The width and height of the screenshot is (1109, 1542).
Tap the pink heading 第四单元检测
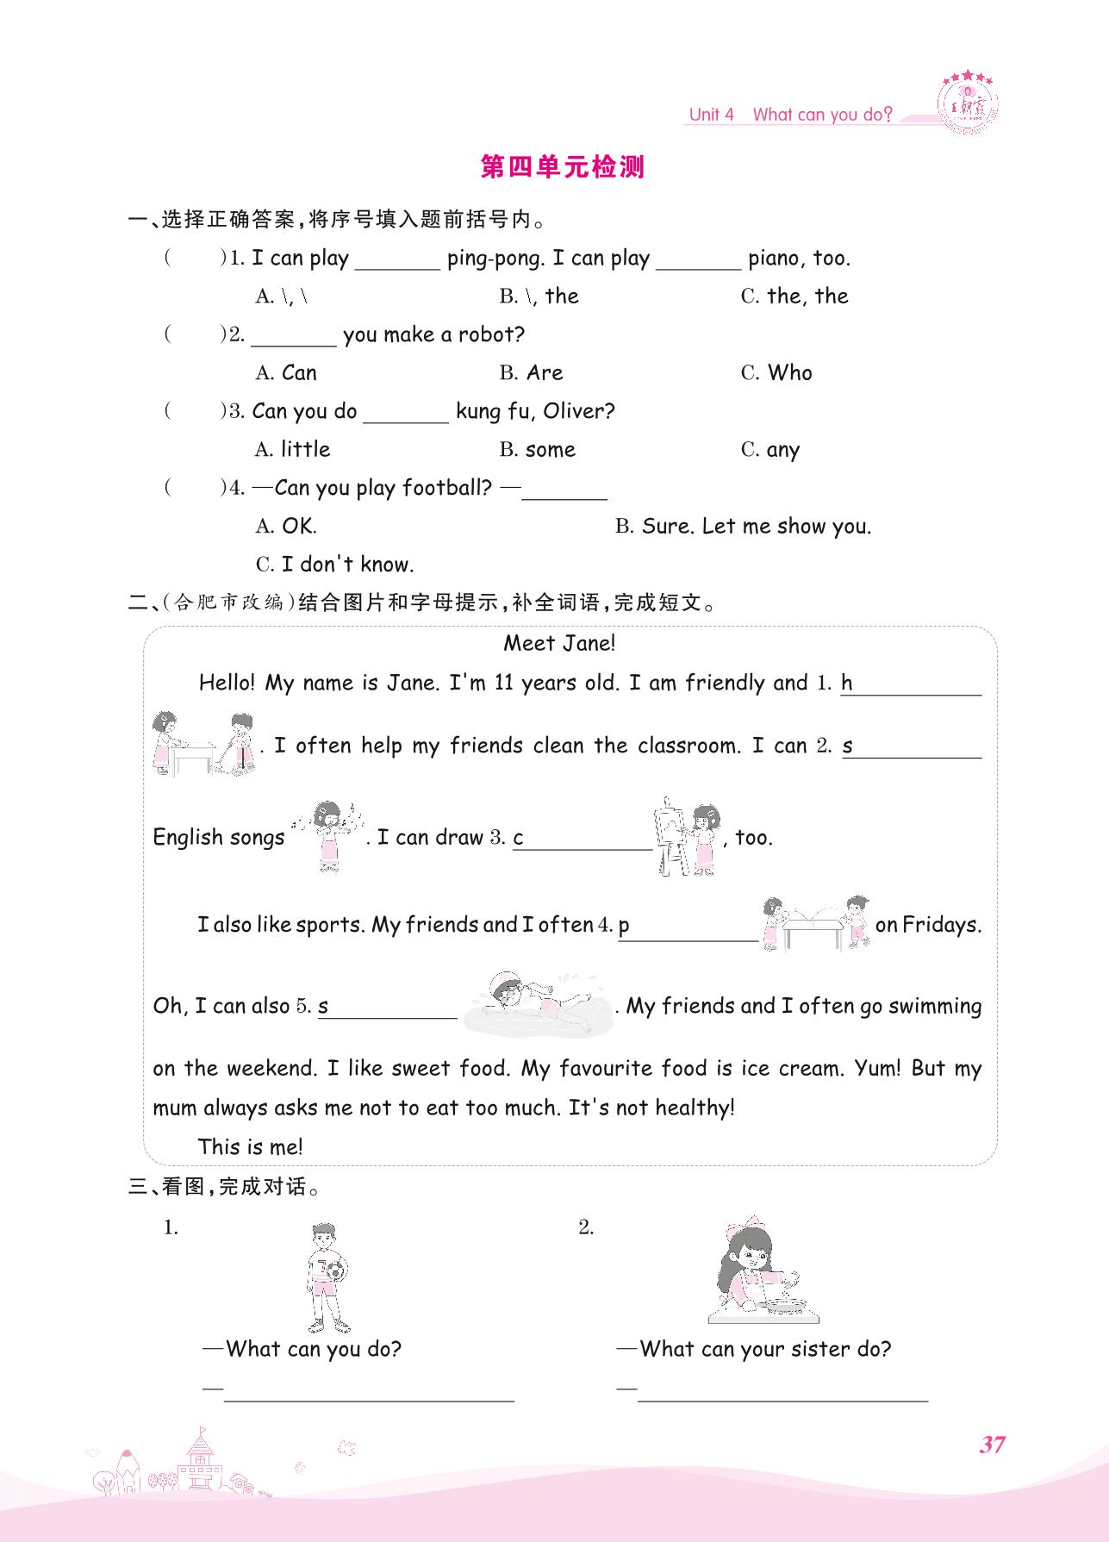pos(562,167)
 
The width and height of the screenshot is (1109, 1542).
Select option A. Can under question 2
pos(286,373)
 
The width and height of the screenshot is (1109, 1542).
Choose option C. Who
pos(776,373)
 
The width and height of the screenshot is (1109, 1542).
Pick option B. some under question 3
pos(537,450)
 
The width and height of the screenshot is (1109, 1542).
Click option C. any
pos(770,450)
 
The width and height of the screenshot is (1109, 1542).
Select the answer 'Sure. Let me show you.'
pos(744,527)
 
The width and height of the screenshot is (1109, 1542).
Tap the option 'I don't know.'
pos(335,565)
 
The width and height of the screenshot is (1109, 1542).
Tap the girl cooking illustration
pos(762,1274)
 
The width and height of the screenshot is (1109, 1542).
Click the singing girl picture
pos(327,834)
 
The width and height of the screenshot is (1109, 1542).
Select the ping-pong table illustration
pos(815,924)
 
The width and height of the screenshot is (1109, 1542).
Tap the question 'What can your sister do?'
pos(765,1349)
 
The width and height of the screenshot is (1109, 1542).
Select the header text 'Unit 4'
pos(711,115)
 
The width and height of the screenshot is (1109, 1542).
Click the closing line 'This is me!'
pos(251,1146)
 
